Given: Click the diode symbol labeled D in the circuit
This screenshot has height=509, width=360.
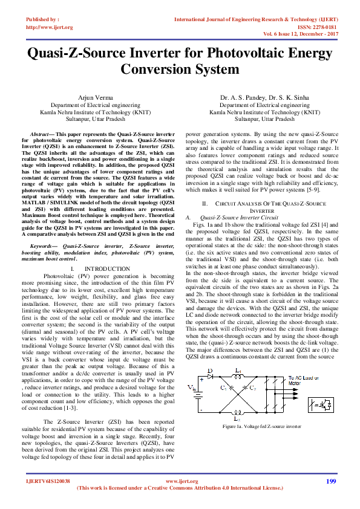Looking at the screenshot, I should click(x=211, y=376).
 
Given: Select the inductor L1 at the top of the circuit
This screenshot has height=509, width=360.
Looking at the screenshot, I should click(x=238, y=376).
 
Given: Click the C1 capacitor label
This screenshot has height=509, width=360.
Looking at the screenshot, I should click(x=223, y=387).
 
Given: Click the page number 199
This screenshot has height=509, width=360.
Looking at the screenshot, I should click(x=330, y=481).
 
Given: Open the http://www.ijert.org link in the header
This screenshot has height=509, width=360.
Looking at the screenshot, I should click(x=49, y=27).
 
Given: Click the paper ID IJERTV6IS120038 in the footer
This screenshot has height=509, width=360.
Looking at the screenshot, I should click(x=48, y=481).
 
